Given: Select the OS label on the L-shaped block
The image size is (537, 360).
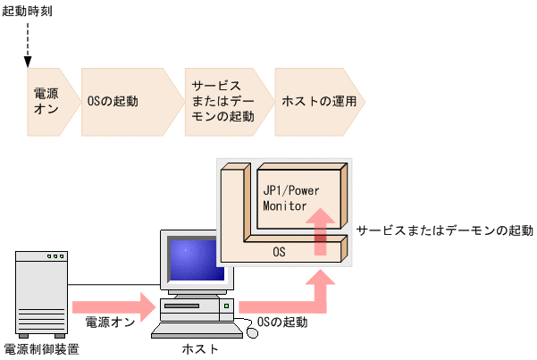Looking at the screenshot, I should coord(279,253).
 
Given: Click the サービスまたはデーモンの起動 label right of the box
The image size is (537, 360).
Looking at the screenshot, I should coord(443,230).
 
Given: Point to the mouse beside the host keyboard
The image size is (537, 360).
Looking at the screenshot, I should coord(252,332).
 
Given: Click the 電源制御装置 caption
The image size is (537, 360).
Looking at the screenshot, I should coord(41,349).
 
